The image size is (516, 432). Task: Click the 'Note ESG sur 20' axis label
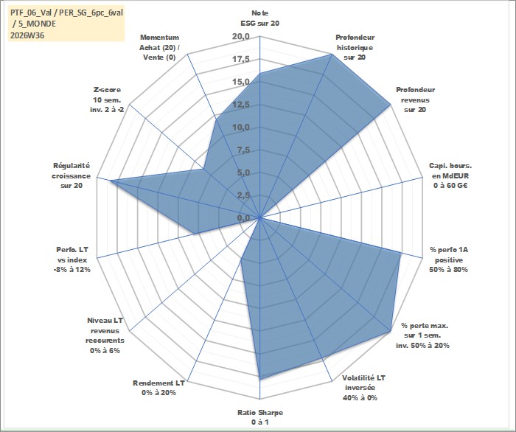tap(260, 18)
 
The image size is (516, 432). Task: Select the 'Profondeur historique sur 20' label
tap(355, 47)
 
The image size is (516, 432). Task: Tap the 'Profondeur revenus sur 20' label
tap(415, 100)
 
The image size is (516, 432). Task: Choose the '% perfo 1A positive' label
tap(448, 259)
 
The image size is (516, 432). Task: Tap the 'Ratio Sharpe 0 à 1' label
tap(260, 417)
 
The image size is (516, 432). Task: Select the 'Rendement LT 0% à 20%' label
tap(158, 388)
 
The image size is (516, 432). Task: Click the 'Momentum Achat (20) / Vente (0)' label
tap(160, 47)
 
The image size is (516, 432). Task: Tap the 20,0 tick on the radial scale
tap(241, 37)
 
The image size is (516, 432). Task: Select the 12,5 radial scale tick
tap(241, 105)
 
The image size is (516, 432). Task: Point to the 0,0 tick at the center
tap(243, 217)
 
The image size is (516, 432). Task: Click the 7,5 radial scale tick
tap(243, 150)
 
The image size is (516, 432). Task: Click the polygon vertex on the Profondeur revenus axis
tap(390, 105)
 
